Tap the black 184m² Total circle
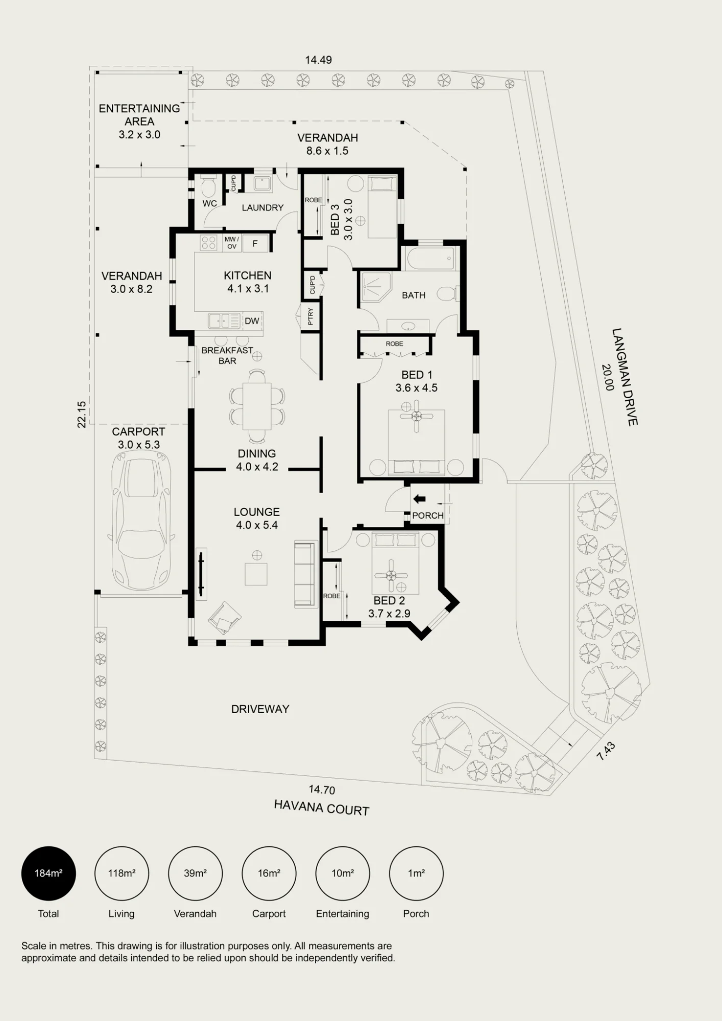(49, 873)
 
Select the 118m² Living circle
(122, 873)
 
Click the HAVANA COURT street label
(322, 808)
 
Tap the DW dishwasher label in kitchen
(252, 321)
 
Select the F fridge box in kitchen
(255, 244)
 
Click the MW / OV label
(232, 242)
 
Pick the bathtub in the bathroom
(431, 258)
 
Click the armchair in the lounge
(225, 617)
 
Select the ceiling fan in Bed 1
(416, 416)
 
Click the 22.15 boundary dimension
(82, 415)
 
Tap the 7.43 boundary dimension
(606, 751)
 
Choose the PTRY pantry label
(310, 317)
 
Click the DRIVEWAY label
(260, 709)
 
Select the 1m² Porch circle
(416, 873)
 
